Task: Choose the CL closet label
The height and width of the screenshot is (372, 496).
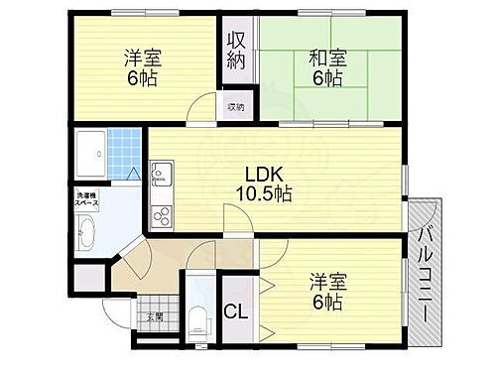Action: click(236, 311)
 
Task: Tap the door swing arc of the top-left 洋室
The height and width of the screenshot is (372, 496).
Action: click(203, 105)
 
